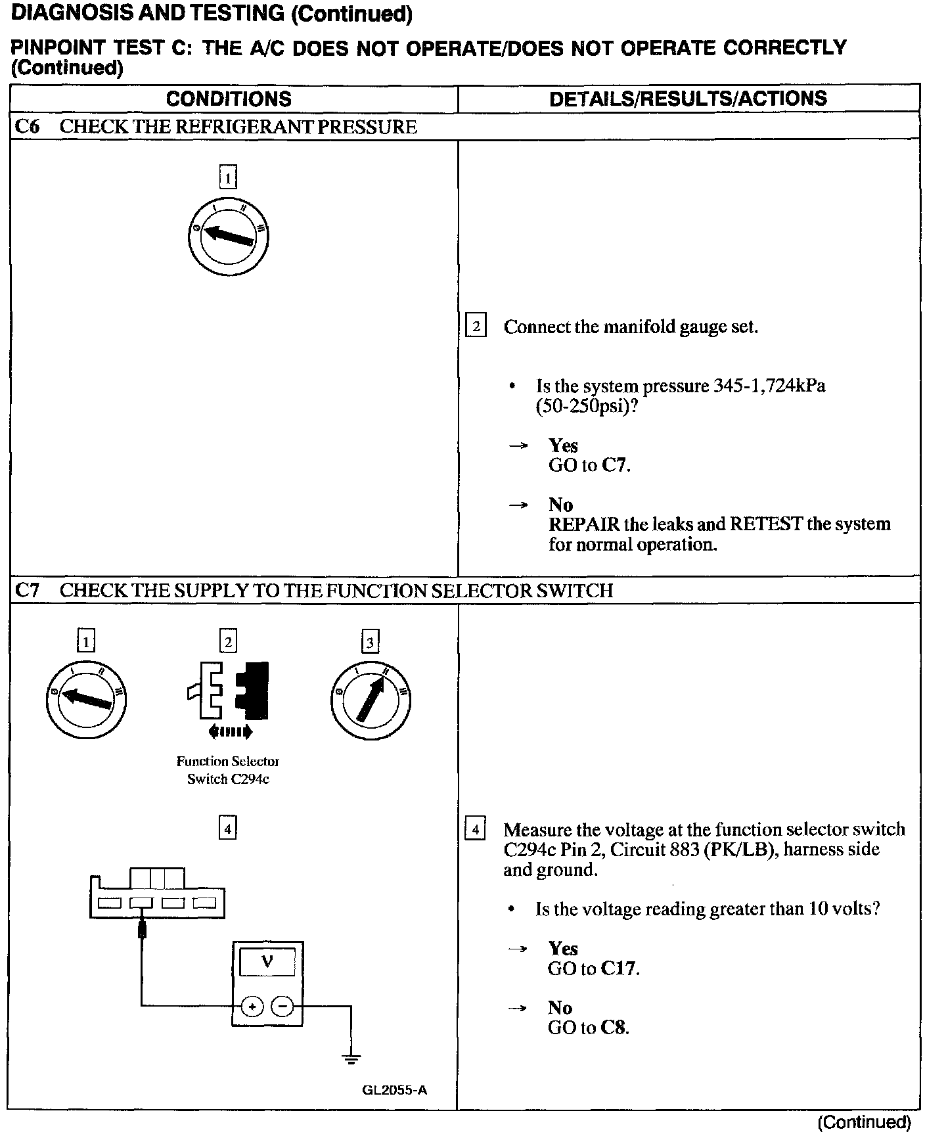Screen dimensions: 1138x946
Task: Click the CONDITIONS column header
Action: click(x=229, y=99)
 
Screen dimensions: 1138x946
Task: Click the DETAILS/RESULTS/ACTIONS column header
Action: click(x=688, y=99)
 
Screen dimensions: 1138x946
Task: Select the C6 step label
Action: click(x=27, y=127)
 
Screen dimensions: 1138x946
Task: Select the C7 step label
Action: click(x=27, y=591)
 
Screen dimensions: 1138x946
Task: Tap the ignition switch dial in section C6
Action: click(x=228, y=236)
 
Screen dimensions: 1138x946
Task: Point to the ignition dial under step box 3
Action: click(x=371, y=700)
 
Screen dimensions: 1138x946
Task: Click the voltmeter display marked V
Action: click(x=267, y=963)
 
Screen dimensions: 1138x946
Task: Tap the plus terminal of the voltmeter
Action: click(x=252, y=1006)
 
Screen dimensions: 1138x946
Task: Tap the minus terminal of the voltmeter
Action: click(x=282, y=1006)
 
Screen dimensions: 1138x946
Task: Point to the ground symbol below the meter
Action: click(x=351, y=1058)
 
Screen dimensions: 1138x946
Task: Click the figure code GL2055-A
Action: click(x=394, y=1090)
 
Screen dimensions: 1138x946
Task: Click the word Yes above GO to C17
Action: click(x=563, y=948)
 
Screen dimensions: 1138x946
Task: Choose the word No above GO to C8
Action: click(x=560, y=1007)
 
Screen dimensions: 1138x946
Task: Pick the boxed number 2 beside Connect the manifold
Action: click(x=476, y=327)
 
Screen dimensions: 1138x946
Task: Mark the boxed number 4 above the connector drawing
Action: click(x=227, y=829)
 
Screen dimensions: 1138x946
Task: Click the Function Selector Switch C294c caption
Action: click(x=228, y=770)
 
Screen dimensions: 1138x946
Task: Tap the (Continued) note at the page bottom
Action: click(x=864, y=1122)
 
